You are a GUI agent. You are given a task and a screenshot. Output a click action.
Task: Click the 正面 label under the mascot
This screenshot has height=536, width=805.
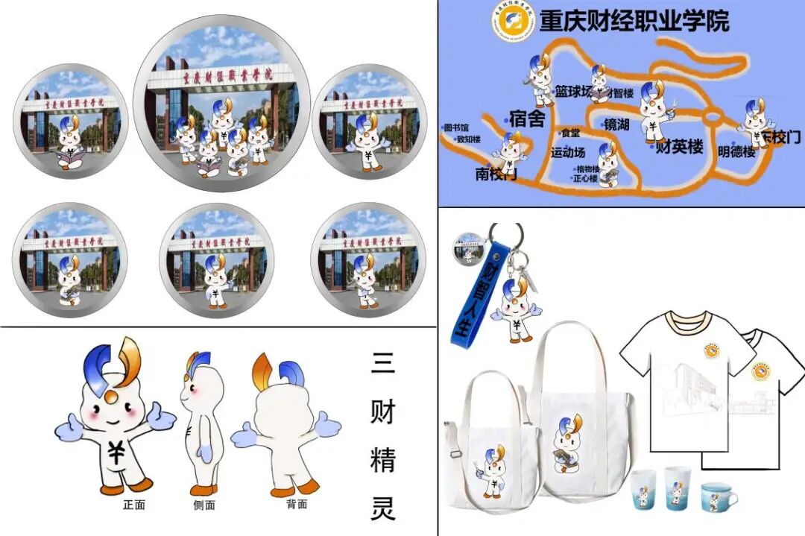[x=134, y=505]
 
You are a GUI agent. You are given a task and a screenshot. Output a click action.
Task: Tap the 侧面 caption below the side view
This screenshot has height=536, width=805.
[x=203, y=505]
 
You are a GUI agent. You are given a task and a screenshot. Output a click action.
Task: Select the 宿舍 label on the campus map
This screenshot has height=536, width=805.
[x=528, y=119]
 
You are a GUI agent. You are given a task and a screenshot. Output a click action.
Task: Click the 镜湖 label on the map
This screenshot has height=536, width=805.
[x=617, y=124]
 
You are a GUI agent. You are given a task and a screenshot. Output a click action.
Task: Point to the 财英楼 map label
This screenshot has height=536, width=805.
[x=679, y=147]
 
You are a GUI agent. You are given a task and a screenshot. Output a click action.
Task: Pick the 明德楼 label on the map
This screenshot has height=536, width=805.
[x=736, y=151]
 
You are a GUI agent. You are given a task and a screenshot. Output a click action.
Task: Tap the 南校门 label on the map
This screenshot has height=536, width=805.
[x=496, y=174]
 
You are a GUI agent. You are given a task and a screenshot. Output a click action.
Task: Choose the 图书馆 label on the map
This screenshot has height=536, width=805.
[x=456, y=127]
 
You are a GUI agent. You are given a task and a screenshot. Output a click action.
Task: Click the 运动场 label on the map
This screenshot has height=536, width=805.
[x=568, y=153]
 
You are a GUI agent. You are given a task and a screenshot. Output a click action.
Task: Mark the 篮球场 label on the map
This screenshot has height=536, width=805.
[x=573, y=91]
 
